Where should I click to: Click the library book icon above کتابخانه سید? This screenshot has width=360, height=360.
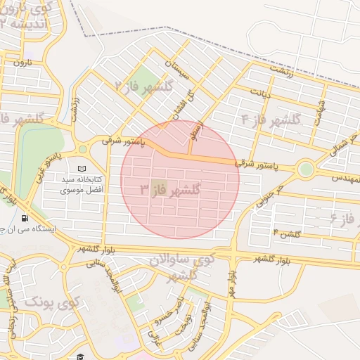pyautogui.click(x=82, y=169)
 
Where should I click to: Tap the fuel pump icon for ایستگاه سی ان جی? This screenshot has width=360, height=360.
pyautogui.click(x=26, y=218)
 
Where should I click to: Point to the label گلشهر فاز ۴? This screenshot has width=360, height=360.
pyautogui.click(x=270, y=119)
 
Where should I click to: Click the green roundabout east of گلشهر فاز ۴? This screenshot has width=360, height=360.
pyautogui.click(x=305, y=169)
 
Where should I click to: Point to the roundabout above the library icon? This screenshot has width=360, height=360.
pyautogui.click(x=82, y=149)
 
